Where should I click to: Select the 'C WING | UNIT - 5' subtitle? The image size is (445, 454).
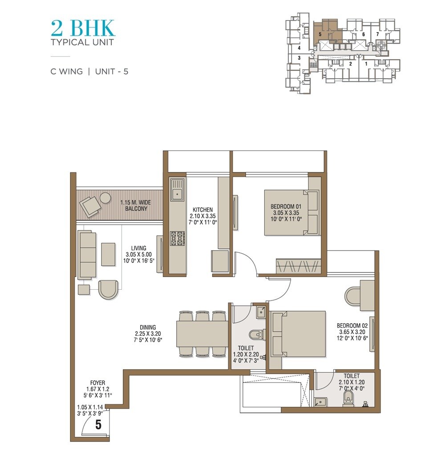pyautogui.click(x=89, y=71)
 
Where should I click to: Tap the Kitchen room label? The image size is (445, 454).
pyautogui.click(x=202, y=216)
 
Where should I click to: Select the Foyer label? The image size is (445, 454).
pyautogui.click(x=97, y=389)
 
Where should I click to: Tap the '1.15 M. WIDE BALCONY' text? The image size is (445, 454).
pyautogui.click(x=135, y=205)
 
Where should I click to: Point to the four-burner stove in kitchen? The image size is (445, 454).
pyautogui.click(x=177, y=239)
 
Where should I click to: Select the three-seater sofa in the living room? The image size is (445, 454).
pyautogui.click(x=87, y=255)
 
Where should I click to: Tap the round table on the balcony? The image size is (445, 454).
pyautogui.click(x=105, y=198)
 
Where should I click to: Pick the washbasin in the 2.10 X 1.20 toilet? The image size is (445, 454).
pyautogui.click(x=320, y=402)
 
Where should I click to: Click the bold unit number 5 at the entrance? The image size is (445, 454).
pyautogui.click(x=98, y=425)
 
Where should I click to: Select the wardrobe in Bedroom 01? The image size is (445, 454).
pyautogui.click(x=298, y=267)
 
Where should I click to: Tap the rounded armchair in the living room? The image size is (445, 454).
pyautogui.click(x=108, y=289)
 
